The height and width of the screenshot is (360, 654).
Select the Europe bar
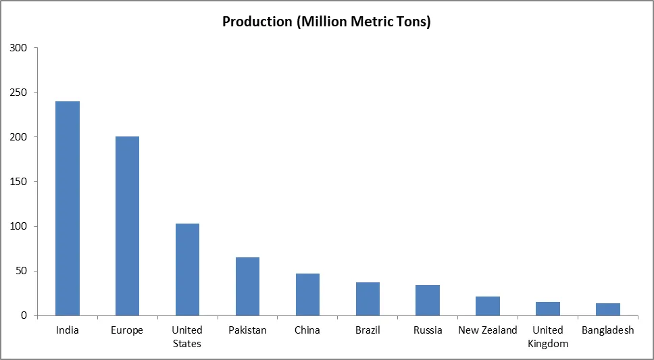(x=127, y=226)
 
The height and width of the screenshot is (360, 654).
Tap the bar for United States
(x=187, y=269)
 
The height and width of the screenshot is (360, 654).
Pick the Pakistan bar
(x=247, y=286)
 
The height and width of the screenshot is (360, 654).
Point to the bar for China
(x=307, y=294)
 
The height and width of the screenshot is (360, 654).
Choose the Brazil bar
(x=368, y=299)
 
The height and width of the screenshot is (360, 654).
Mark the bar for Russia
(x=428, y=300)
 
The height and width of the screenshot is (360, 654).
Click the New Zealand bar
(x=488, y=306)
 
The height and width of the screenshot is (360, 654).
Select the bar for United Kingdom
(x=548, y=309)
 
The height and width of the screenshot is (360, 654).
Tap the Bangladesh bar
(x=608, y=309)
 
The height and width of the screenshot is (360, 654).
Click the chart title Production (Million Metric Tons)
(x=326, y=22)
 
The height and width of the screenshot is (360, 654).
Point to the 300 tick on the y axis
(x=18, y=48)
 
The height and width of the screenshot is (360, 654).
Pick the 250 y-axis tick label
(x=18, y=93)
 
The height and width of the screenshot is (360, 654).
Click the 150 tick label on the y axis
(x=18, y=182)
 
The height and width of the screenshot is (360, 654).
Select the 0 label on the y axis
(x=24, y=315)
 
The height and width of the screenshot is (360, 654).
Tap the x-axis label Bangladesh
(x=608, y=330)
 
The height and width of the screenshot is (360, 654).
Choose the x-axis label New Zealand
(x=488, y=330)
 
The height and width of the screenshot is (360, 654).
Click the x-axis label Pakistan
(x=247, y=330)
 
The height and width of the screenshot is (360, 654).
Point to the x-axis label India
(x=68, y=330)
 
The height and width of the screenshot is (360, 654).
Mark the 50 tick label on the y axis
(x=21, y=271)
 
